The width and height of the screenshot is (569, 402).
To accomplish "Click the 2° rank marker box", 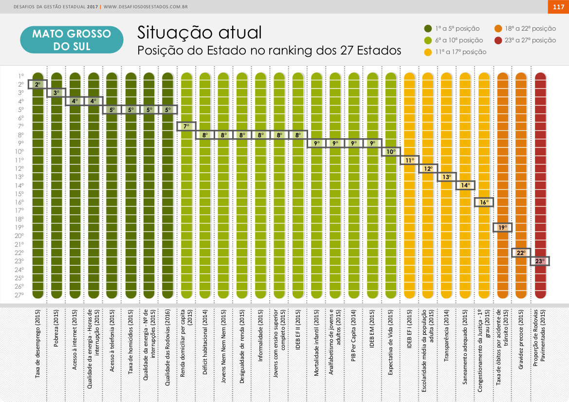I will pos(37,84).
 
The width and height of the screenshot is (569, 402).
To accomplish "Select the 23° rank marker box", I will pos(540,261).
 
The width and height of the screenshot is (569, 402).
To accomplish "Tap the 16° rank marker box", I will pos(484,202).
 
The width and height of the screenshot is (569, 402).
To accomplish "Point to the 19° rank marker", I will pos(503,227).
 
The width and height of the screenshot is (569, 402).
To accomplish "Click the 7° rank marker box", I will pos(186,127).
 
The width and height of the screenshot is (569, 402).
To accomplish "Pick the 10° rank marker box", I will pos(390,151).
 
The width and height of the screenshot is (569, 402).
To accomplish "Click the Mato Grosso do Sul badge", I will pos(72,40).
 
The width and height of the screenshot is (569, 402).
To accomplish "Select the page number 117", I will pos(558,7).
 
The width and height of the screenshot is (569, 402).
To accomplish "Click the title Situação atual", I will pos(200,33).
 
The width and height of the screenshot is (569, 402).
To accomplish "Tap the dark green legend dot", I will pos(428,29).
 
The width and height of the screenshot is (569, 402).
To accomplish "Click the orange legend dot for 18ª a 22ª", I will pos(498,29).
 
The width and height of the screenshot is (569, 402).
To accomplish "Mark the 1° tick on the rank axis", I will pos(20,76).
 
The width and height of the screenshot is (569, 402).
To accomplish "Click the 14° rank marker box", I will pos(465,185).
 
